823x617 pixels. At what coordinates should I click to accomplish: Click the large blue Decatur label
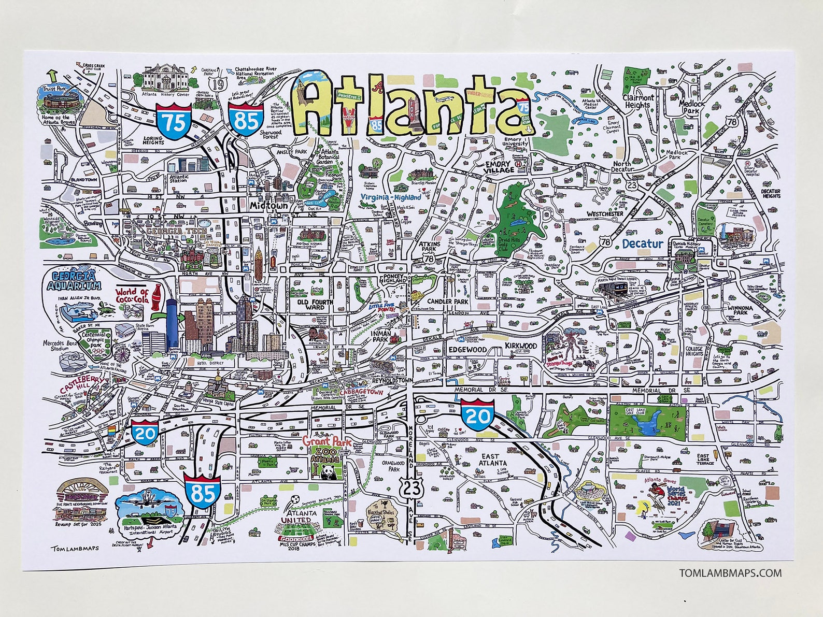tap(643, 243)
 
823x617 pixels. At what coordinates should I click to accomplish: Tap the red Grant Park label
tap(327, 442)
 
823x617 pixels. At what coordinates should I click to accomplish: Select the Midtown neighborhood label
tap(268, 206)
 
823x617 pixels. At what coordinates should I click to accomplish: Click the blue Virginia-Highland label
tap(391, 197)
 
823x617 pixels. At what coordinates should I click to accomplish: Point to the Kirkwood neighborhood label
tap(521, 346)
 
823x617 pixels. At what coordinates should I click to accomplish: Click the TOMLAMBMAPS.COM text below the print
tap(730, 573)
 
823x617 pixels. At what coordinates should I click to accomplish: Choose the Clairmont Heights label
tap(638, 101)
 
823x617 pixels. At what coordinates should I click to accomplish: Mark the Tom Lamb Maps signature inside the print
tap(75, 548)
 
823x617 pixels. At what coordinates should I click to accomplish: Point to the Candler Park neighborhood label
tap(448, 302)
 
